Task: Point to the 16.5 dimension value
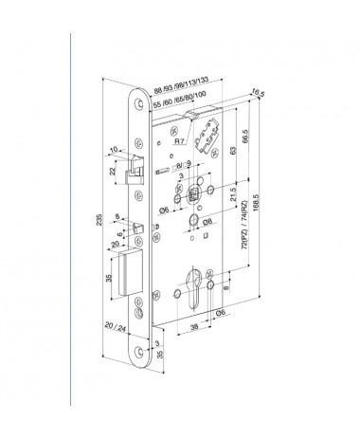258,93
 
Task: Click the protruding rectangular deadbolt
131,272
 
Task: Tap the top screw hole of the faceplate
140,105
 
